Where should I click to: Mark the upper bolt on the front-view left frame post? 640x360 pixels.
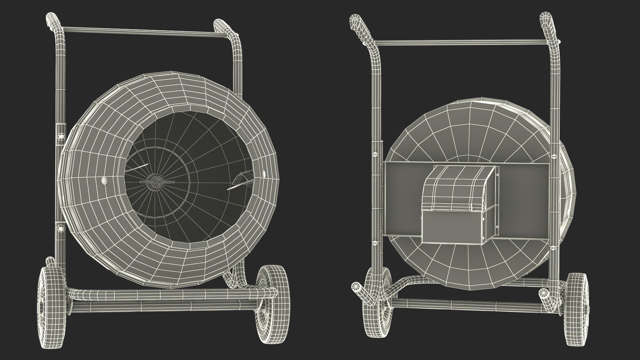(x=61, y=137)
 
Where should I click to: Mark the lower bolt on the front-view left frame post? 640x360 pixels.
(x=60, y=228)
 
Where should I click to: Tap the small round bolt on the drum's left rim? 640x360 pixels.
(x=104, y=180)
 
